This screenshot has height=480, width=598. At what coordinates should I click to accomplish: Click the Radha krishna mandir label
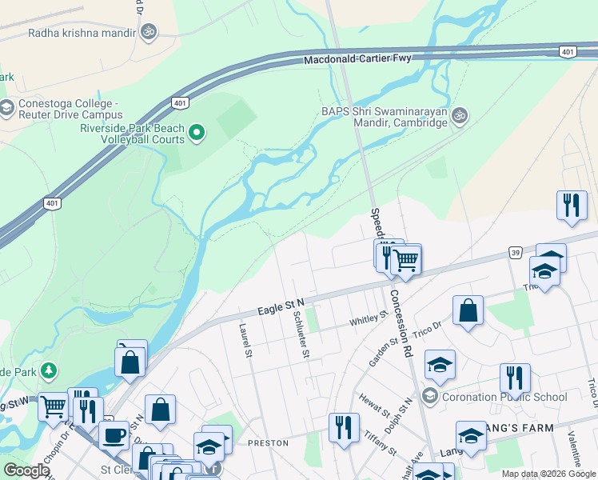click(82, 33)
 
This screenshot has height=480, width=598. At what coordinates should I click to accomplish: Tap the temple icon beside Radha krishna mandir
click(148, 32)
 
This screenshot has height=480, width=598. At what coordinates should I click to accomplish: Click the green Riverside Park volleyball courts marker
click(197, 133)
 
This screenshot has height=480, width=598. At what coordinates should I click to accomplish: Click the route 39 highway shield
click(515, 253)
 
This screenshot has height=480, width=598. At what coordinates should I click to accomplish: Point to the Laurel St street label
click(246, 340)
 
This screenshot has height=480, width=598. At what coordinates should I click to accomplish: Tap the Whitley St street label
click(369, 318)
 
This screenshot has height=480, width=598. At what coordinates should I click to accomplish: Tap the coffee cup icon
click(114, 436)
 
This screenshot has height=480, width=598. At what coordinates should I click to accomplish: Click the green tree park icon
click(50, 370)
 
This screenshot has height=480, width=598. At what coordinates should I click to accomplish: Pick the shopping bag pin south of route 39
click(468, 311)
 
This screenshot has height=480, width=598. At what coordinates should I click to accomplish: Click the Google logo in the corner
click(26, 470)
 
